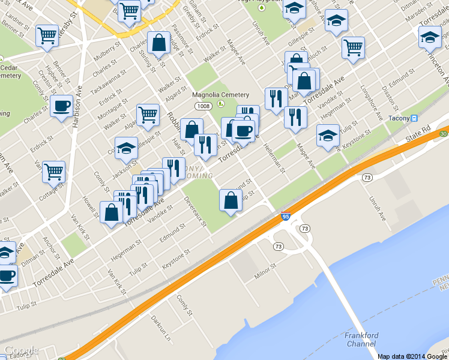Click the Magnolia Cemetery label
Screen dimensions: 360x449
(x=220, y=95)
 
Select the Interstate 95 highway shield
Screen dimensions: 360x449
(x=286, y=216)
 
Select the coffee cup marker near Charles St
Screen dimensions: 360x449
(x=61, y=106)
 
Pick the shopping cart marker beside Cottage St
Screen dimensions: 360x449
(x=53, y=171)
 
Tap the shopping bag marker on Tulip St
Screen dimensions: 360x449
(x=231, y=200)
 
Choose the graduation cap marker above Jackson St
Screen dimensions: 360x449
(x=127, y=148)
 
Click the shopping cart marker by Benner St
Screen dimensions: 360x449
(x=46, y=35)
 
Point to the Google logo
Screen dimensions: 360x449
(x=21, y=350)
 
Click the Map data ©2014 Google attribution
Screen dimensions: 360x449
(x=412, y=356)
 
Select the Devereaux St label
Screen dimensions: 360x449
(x=195, y=212)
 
